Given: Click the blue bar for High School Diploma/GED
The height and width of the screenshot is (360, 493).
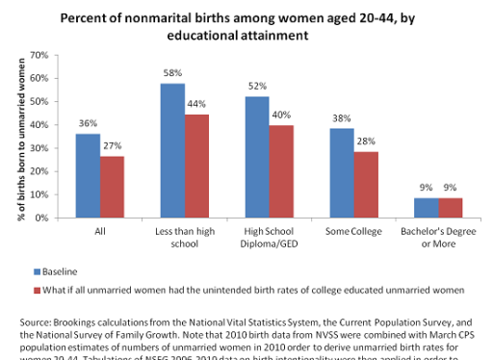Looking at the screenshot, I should (x=255, y=157).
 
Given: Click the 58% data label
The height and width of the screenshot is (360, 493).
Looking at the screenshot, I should (x=171, y=73).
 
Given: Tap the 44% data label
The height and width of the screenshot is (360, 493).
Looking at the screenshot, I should (x=196, y=105).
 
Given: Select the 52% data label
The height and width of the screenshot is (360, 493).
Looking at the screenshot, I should (x=255, y=87).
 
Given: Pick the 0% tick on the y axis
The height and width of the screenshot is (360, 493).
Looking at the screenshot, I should (x=40, y=218).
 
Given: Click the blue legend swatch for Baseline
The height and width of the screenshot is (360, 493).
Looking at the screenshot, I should (x=38, y=271).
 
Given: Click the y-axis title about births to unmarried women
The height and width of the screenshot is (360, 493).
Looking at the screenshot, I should (x=19, y=137).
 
